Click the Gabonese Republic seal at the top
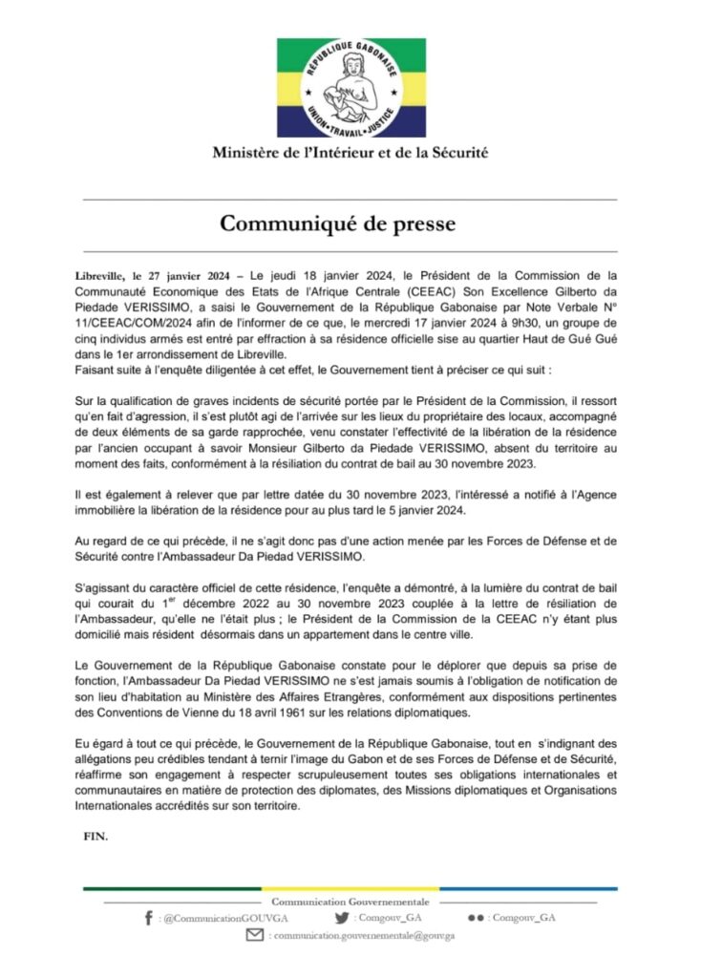click(x=350, y=88)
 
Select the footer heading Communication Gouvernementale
click(x=350, y=902)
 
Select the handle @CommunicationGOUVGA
click(x=214, y=918)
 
